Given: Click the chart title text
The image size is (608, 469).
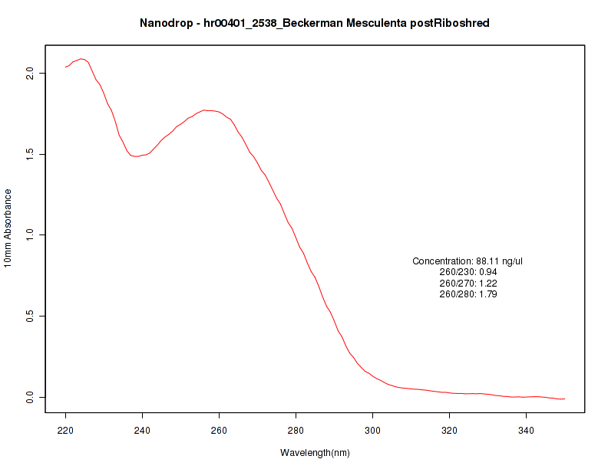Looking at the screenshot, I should click(315, 23).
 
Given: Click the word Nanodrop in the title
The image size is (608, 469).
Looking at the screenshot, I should click(167, 23).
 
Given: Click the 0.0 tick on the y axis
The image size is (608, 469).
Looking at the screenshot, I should click(30, 397).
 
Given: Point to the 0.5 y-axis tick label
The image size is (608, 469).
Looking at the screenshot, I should click(30, 316).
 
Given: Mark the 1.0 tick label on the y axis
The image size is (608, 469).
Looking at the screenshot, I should click(30, 235).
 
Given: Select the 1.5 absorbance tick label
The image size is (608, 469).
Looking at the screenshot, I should click(30, 154).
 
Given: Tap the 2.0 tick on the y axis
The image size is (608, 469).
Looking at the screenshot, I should click(30, 73).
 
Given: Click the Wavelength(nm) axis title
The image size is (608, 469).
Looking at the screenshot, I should click(315, 453).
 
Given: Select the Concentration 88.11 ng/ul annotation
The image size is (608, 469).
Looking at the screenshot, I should click(468, 261).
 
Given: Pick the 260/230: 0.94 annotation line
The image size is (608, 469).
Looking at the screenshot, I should click(468, 272).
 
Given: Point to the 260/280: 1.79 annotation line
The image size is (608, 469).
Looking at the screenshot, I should click(468, 294).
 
